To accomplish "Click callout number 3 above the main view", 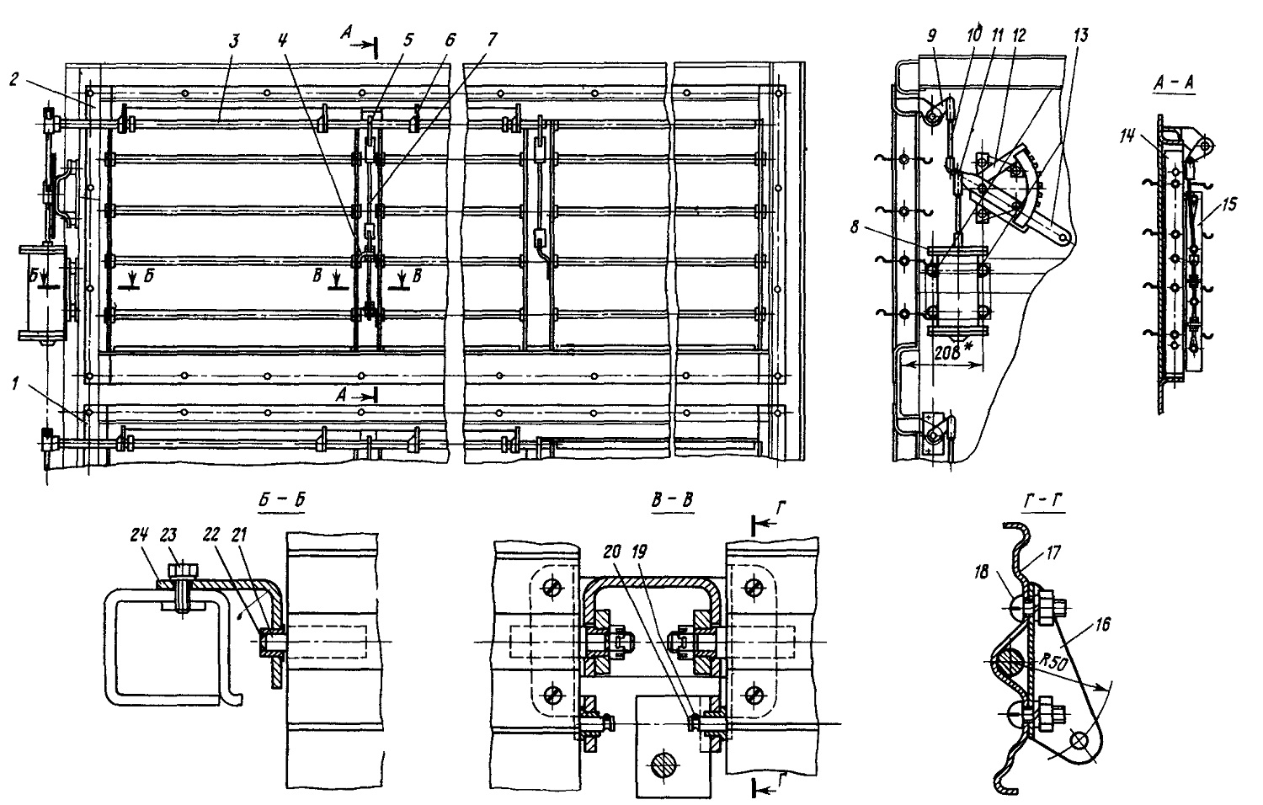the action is pyautogui.click(x=235, y=41).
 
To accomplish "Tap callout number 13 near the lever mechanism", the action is pyautogui.click(x=1080, y=35).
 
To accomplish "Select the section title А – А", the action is pyautogui.click(x=1174, y=83).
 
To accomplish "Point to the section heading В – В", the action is pyautogui.click(x=672, y=500).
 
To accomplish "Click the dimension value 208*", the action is pyautogui.click(x=954, y=354).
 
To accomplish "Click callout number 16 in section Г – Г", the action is pyautogui.click(x=1102, y=625).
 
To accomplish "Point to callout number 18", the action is pyautogui.click(x=981, y=573).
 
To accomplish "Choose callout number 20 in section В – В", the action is pyautogui.click(x=612, y=552).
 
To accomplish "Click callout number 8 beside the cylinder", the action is pyautogui.click(x=855, y=227).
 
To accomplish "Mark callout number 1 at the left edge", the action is pyautogui.click(x=15, y=385).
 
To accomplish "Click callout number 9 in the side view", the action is pyautogui.click(x=931, y=36).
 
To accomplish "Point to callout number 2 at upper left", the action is pyautogui.click(x=15, y=79).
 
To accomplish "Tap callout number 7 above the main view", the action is pyautogui.click(x=492, y=40).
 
